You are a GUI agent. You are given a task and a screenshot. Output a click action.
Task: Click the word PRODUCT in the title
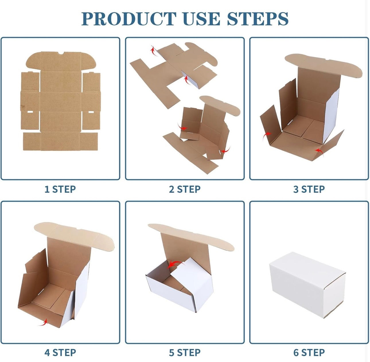(x=129, y=19)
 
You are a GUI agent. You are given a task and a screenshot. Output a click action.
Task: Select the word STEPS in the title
(x=258, y=19)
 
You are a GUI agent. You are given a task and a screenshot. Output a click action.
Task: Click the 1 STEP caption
(x=60, y=189)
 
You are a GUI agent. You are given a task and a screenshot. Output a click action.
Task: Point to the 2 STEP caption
(x=185, y=189)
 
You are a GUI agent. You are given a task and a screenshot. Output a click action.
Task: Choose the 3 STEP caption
(x=309, y=189)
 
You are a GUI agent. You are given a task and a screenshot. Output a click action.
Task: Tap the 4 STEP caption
(x=60, y=353)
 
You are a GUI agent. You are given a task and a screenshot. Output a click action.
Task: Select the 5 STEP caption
(x=185, y=353)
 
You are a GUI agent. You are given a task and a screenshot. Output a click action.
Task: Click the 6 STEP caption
(x=309, y=353)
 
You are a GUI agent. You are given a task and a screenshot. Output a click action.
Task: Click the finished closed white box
(x=307, y=285)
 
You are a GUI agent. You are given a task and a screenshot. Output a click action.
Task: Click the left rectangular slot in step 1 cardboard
(x=30, y=112)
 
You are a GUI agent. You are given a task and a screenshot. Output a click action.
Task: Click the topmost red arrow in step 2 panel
(x=153, y=51)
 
